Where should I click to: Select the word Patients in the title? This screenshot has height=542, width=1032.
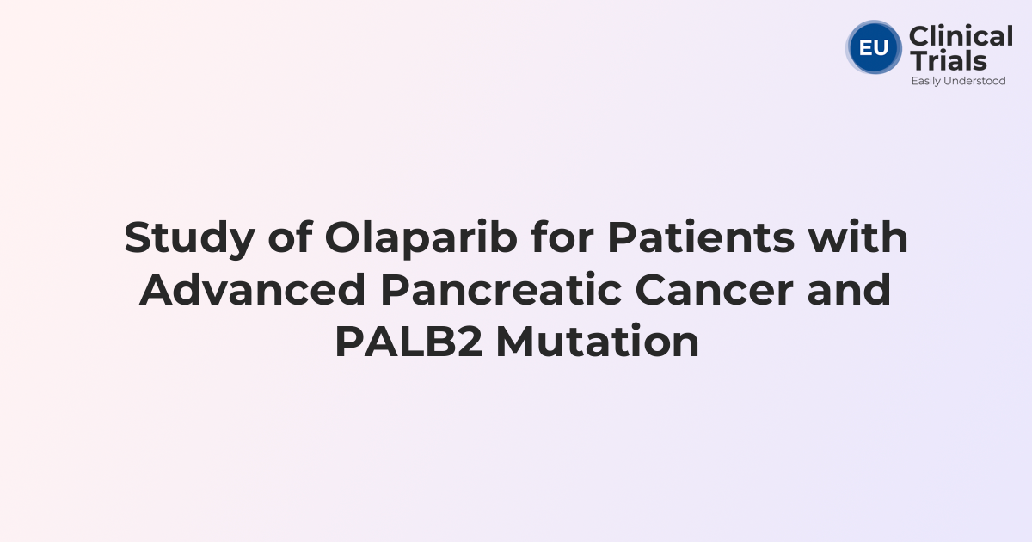(701, 238)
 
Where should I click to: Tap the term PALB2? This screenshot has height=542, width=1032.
(408, 343)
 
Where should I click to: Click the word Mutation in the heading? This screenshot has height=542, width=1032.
(597, 343)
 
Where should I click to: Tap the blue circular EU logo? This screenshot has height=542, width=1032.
(874, 47)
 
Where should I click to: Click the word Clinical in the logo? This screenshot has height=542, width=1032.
(961, 37)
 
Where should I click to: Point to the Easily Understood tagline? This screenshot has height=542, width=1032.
(958, 81)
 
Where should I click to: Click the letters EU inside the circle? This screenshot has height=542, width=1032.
(874, 47)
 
